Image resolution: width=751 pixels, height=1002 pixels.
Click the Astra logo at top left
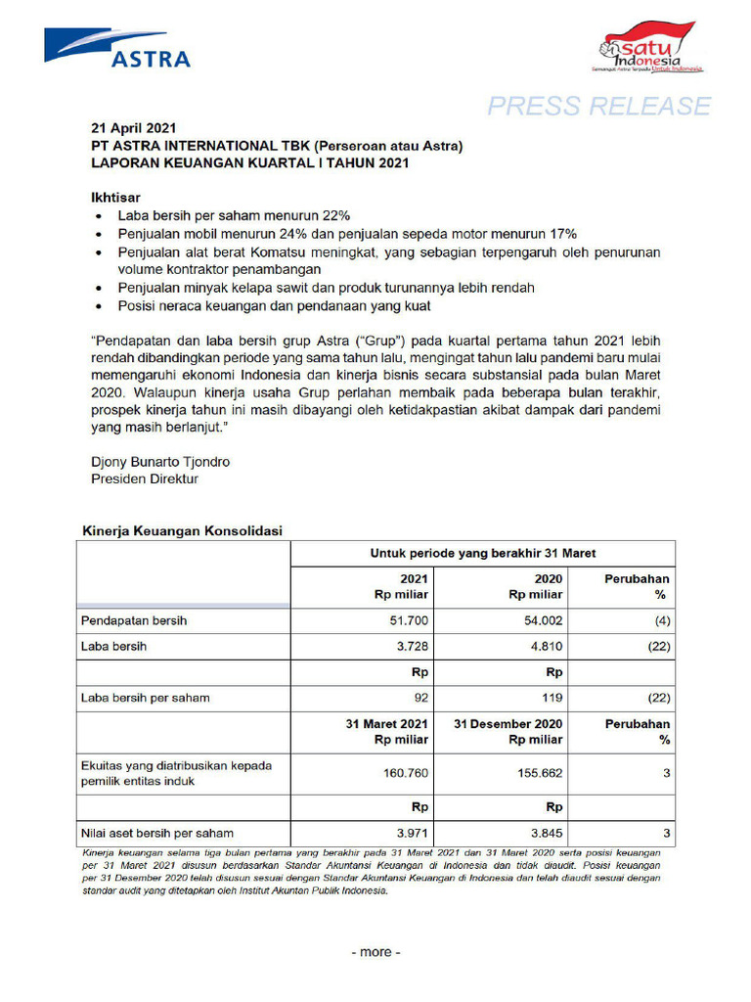(x=117, y=48)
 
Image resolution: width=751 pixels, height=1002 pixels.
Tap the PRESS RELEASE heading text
(x=599, y=106)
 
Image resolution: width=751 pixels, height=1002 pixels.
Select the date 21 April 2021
(x=133, y=128)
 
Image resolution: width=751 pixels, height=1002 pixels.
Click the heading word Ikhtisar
(x=117, y=197)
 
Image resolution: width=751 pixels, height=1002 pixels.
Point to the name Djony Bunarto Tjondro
(x=160, y=461)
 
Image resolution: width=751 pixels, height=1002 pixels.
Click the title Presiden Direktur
(x=144, y=478)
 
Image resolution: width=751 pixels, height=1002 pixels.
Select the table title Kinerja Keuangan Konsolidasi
(x=181, y=530)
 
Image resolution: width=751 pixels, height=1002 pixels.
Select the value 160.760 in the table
(x=405, y=772)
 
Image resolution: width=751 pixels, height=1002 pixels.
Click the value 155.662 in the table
(x=538, y=772)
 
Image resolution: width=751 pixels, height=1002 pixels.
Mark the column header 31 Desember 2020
(x=508, y=724)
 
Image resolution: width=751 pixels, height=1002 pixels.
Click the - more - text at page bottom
(x=375, y=952)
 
